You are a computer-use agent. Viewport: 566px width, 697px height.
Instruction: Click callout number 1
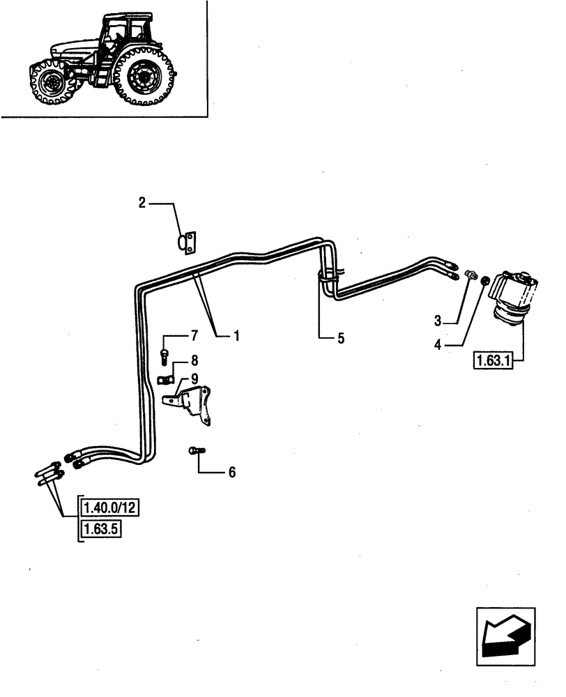click(x=237, y=336)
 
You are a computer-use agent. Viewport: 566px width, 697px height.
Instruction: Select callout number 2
click(x=141, y=203)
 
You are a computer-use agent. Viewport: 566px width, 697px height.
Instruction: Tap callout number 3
click(x=438, y=321)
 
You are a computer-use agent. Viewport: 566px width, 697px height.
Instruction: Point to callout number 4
click(x=438, y=344)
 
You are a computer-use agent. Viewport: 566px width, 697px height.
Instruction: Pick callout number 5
click(x=340, y=339)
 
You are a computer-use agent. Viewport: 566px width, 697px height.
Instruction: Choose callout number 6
click(x=232, y=473)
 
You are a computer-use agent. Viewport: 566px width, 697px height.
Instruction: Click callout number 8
click(x=194, y=360)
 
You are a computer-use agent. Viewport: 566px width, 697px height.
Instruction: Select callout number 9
click(x=194, y=378)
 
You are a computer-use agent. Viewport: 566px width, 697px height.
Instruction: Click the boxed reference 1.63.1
click(x=493, y=361)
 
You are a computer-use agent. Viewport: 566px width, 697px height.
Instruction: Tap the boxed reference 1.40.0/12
click(x=111, y=507)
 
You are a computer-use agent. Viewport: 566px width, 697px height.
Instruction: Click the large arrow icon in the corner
click(x=505, y=634)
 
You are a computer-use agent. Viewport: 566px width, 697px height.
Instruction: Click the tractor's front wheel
click(x=49, y=83)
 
